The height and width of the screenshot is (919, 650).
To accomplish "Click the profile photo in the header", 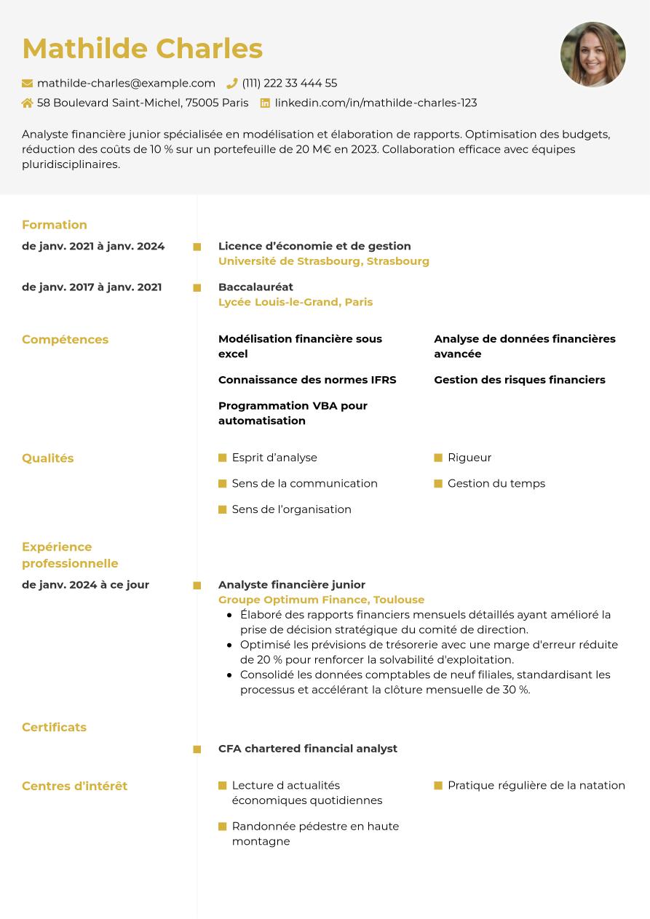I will [x=593, y=55].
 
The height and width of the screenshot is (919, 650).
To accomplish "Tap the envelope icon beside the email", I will [x=28, y=84].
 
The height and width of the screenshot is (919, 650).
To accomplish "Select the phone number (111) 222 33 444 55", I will [x=290, y=83].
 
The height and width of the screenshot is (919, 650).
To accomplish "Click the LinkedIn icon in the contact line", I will [x=265, y=103].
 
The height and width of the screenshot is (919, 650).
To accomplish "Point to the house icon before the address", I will [x=28, y=103].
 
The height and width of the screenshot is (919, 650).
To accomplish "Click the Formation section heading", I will [x=55, y=225].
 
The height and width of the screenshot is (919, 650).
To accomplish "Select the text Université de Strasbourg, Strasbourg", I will [x=324, y=261].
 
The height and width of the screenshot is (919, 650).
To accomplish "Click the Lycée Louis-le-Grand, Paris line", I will [x=296, y=302].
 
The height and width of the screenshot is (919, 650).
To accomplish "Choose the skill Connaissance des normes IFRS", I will [x=307, y=380].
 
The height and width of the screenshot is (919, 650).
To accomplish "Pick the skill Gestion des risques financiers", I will [x=520, y=380].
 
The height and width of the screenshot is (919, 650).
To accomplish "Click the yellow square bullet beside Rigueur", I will [x=438, y=458].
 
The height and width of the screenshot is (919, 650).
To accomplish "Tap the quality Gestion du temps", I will [x=496, y=483].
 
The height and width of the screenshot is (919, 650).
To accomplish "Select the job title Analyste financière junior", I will [x=292, y=584].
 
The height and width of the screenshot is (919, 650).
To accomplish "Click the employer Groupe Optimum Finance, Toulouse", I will [x=321, y=600].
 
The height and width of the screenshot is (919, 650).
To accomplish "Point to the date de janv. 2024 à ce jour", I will [x=85, y=584].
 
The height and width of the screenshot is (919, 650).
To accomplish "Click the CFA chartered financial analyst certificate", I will [x=308, y=749].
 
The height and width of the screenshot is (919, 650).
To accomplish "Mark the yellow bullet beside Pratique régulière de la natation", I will [x=438, y=786].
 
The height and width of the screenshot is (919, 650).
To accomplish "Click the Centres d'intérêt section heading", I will [x=74, y=786].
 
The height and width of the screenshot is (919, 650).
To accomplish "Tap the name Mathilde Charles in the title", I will [x=143, y=49].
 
